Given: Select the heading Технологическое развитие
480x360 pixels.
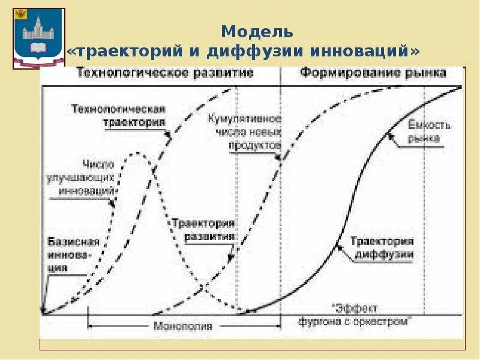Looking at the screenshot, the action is point(164,73).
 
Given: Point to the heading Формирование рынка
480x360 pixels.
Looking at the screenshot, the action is point(373,73).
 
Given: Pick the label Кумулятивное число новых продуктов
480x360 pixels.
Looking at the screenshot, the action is point(245,132).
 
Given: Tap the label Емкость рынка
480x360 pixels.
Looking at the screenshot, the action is point(429,131).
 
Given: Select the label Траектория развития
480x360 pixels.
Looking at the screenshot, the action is point(203,229).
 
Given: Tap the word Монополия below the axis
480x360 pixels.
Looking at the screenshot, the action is point(183,326).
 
